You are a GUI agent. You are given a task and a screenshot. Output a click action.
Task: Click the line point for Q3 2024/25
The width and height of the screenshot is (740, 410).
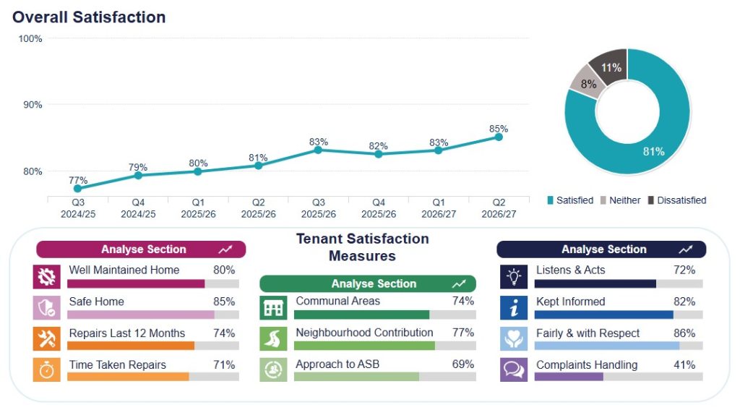coord(78,189)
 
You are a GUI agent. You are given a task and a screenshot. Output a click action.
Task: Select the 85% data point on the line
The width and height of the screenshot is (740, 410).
coord(499,137)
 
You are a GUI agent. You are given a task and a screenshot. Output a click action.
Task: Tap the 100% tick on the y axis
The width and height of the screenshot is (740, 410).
coord(30,39)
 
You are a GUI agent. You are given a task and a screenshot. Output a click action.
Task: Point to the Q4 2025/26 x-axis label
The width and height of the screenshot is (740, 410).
coord(379,208)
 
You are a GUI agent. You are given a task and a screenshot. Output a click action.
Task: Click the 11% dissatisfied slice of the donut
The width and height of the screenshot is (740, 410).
coord(609,66)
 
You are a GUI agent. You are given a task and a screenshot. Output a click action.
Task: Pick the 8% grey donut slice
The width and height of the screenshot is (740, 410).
coord(587,83)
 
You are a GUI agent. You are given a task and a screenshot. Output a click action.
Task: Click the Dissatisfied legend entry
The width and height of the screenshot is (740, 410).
coord(676,200)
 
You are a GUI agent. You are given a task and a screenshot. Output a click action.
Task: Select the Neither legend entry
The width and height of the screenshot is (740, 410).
coord(620,200)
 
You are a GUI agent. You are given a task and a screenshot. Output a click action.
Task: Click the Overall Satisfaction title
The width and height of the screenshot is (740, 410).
coord(89,17)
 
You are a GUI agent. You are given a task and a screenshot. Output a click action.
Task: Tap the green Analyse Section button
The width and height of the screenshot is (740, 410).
coord(368,283)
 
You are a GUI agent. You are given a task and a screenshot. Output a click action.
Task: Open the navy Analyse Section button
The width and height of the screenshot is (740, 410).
coord(601,249)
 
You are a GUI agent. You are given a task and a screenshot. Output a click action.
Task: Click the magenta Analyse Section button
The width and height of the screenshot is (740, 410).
coord(141,249)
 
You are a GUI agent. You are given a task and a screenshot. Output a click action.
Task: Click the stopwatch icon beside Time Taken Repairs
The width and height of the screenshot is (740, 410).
coord(47,370)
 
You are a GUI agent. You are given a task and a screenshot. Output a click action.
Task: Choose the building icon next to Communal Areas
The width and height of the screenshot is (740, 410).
coord(273,308)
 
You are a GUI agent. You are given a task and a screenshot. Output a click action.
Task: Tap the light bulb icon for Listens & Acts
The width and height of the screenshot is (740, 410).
coord(514,277)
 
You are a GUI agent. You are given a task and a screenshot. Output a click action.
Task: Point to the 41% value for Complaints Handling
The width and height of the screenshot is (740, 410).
coord(684,364)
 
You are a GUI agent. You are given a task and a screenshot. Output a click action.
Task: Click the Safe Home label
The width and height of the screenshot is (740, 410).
coord(96,302)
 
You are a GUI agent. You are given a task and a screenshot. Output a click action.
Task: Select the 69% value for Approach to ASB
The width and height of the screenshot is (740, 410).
coord(463,364)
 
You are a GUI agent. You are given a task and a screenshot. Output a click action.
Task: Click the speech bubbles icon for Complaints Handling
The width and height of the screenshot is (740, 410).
coord(514,370)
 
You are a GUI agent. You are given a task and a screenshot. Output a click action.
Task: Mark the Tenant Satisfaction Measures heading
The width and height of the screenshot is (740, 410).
coord(363,247)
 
